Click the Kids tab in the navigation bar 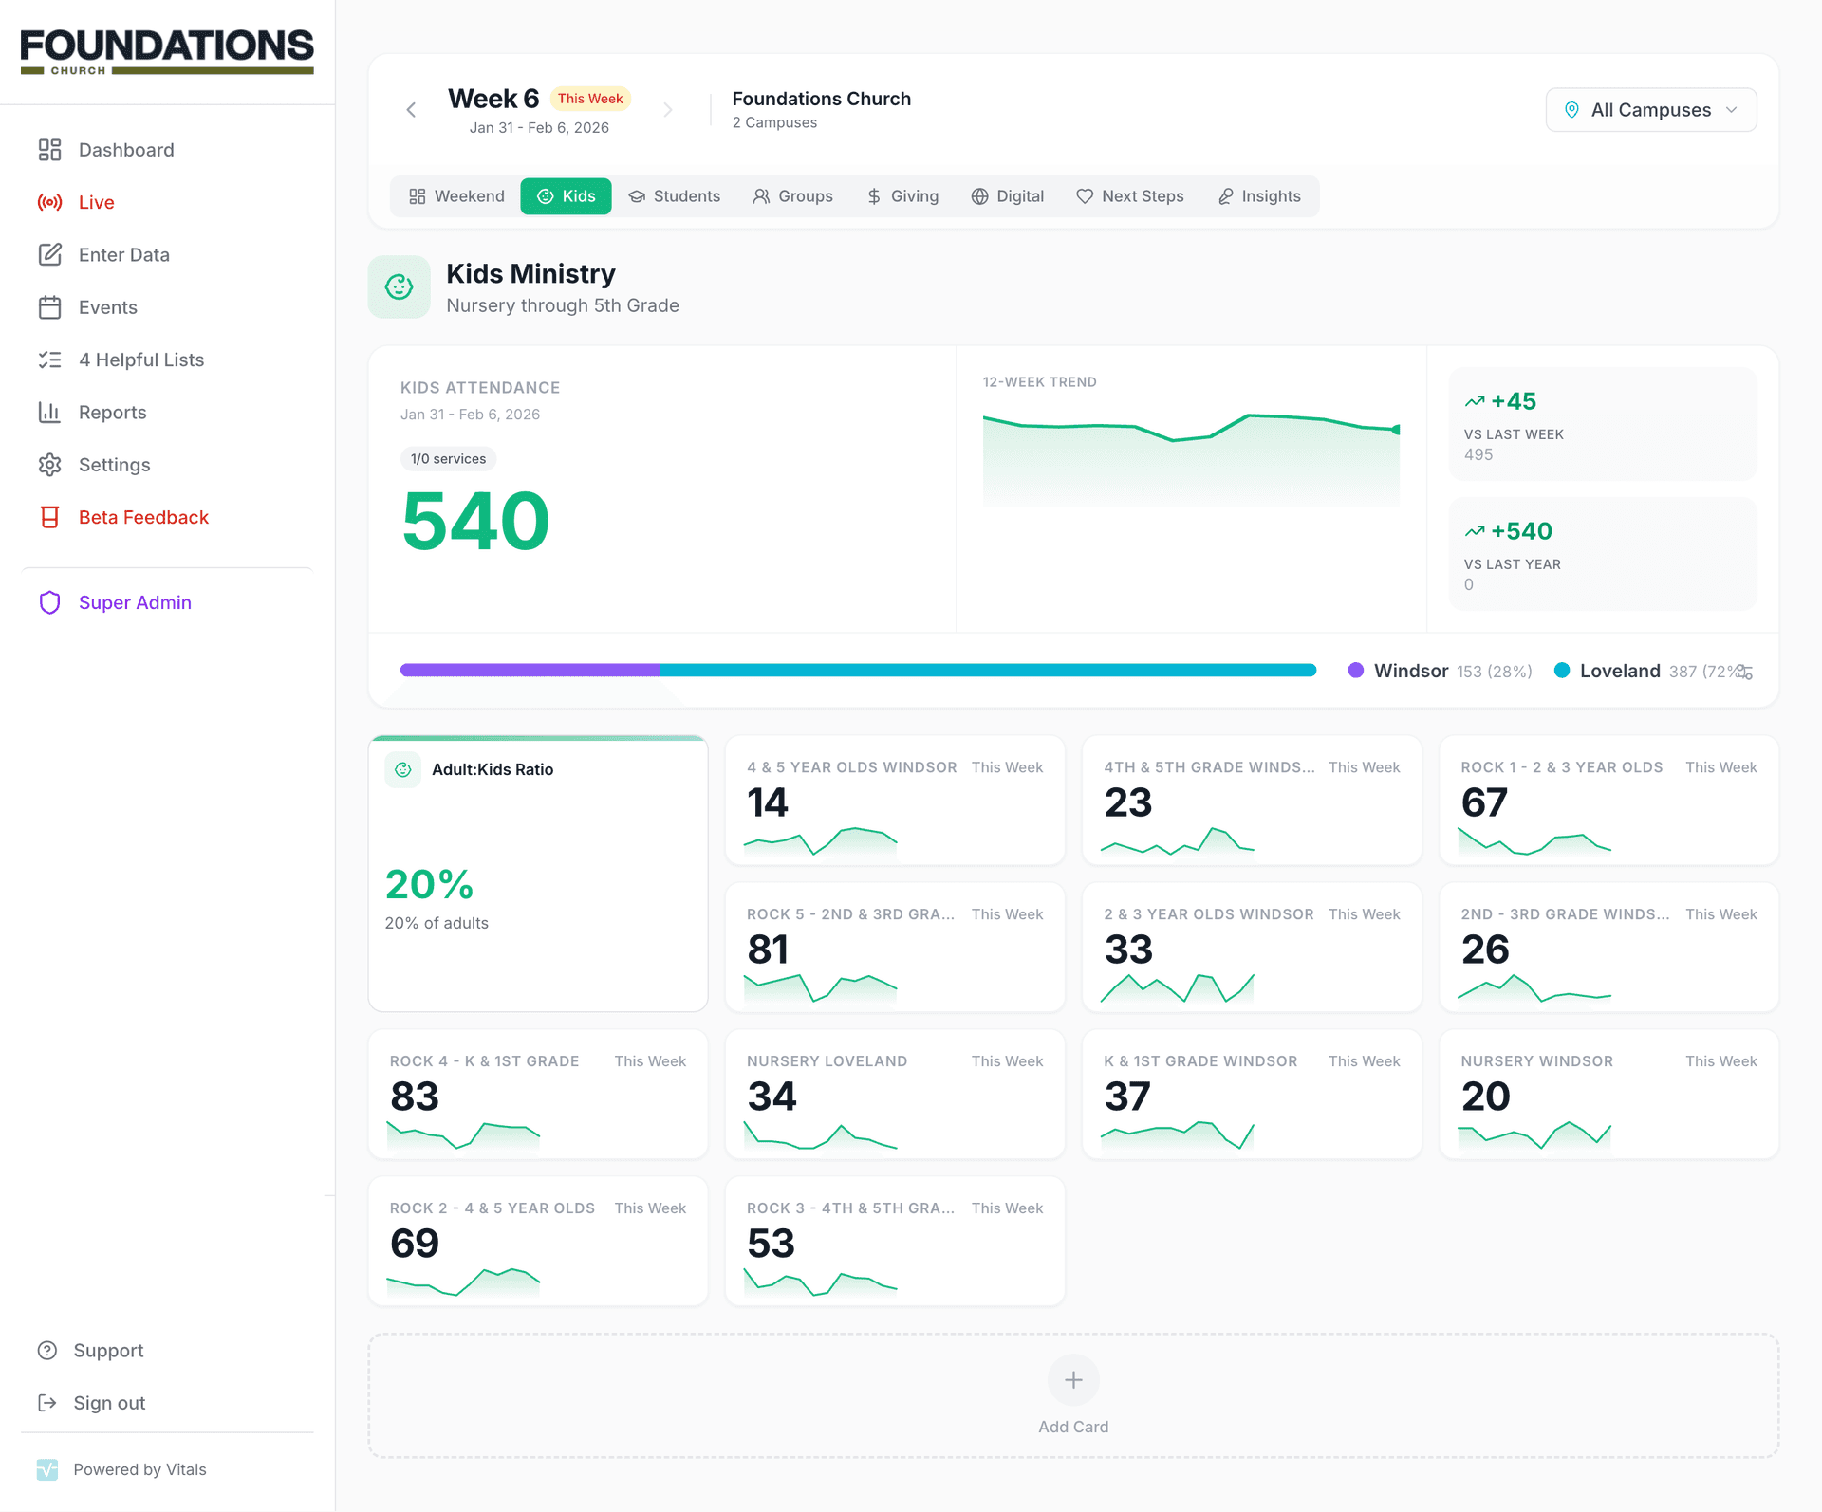tap(566, 196)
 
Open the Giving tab tap(902, 196)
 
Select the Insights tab tap(1259, 196)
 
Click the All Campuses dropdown tap(1650, 110)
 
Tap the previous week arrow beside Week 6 tap(411, 110)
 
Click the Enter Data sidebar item tap(123, 255)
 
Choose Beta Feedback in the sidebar tap(142, 517)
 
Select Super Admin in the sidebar tap(135, 602)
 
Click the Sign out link tap(109, 1403)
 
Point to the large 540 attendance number tap(475, 521)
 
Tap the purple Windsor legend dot tap(1356, 671)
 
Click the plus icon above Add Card tap(1073, 1380)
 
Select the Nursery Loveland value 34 tap(772, 1097)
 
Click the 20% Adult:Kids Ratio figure tap(429, 884)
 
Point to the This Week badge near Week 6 tap(590, 99)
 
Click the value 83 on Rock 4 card tap(415, 1097)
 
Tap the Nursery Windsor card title tap(1536, 1061)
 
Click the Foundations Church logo tap(167, 51)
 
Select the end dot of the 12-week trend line tap(1396, 430)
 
